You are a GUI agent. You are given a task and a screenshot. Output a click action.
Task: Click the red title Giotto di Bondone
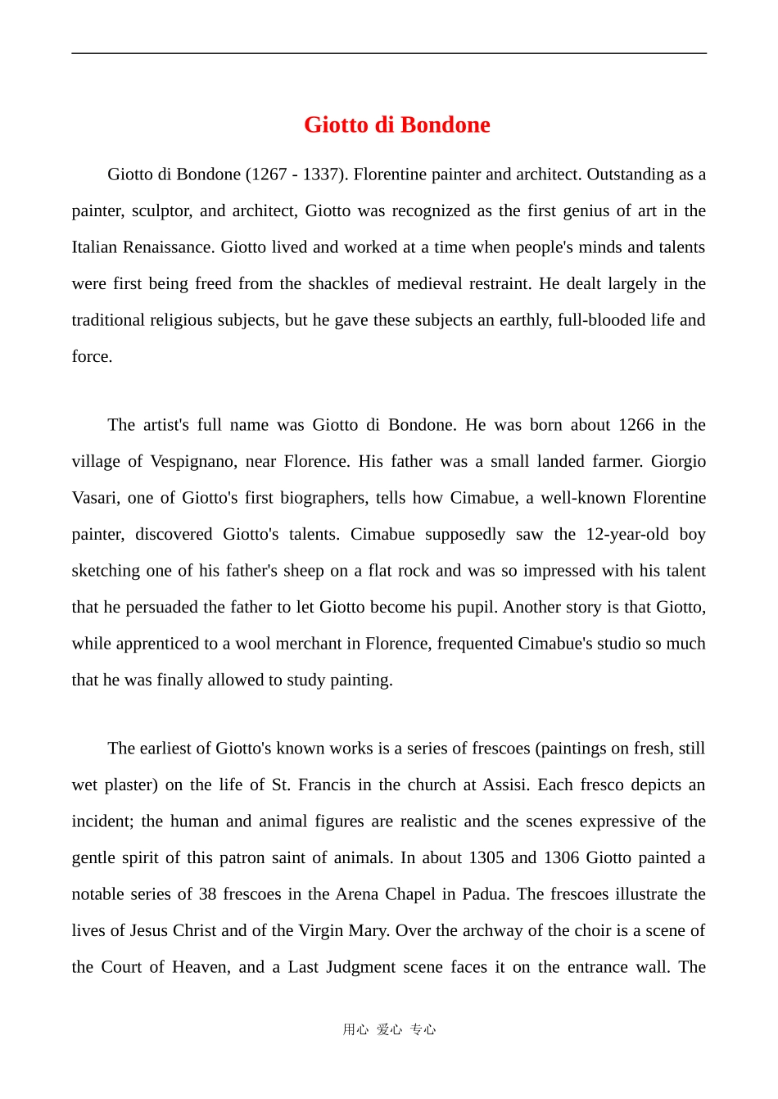[x=396, y=124]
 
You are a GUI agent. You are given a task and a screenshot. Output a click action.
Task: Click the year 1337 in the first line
[x=320, y=174]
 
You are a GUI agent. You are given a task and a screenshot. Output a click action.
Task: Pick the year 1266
[x=636, y=425]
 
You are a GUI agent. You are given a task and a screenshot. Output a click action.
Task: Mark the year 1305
[x=486, y=858]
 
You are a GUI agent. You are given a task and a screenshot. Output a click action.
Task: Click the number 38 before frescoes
[x=207, y=894]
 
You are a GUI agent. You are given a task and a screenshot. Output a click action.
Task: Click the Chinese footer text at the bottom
[x=389, y=1029]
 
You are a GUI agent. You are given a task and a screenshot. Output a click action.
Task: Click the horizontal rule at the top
[x=389, y=53]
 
